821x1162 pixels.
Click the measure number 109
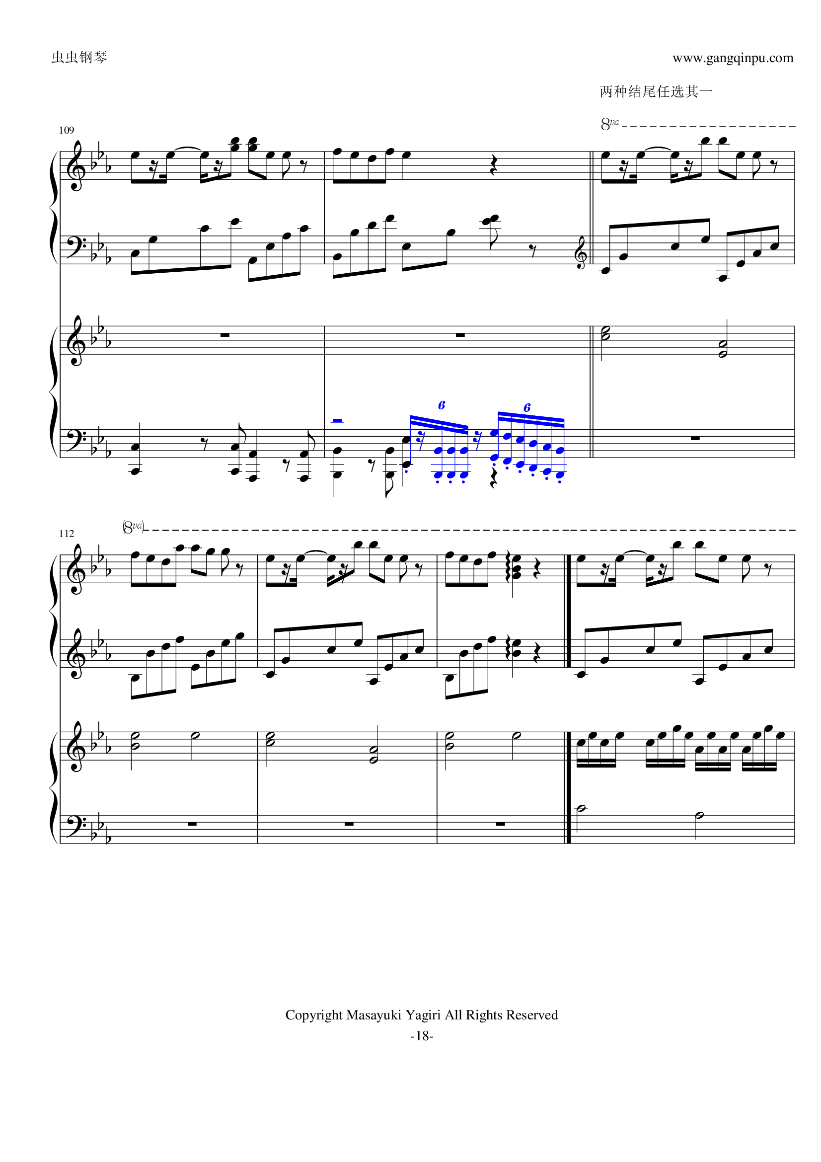coord(66,130)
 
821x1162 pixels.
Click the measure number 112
coord(66,534)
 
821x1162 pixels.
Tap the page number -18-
coord(421,1036)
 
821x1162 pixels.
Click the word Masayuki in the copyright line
coord(373,1015)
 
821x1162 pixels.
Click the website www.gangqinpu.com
coord(733,58)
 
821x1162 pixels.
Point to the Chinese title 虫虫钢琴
coord(79,57)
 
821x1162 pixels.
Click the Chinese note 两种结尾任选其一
coord(656,91)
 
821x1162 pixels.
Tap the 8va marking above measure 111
coord(609,124)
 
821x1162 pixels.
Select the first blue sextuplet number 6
coord(442,405)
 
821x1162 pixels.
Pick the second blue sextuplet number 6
coord(527,407)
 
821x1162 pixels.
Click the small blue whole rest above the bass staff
coord(337,420)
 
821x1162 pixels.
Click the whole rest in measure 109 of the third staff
coord(224,335)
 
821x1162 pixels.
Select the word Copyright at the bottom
coord(313,1015)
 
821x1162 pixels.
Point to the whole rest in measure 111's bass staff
coord(695,438)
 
